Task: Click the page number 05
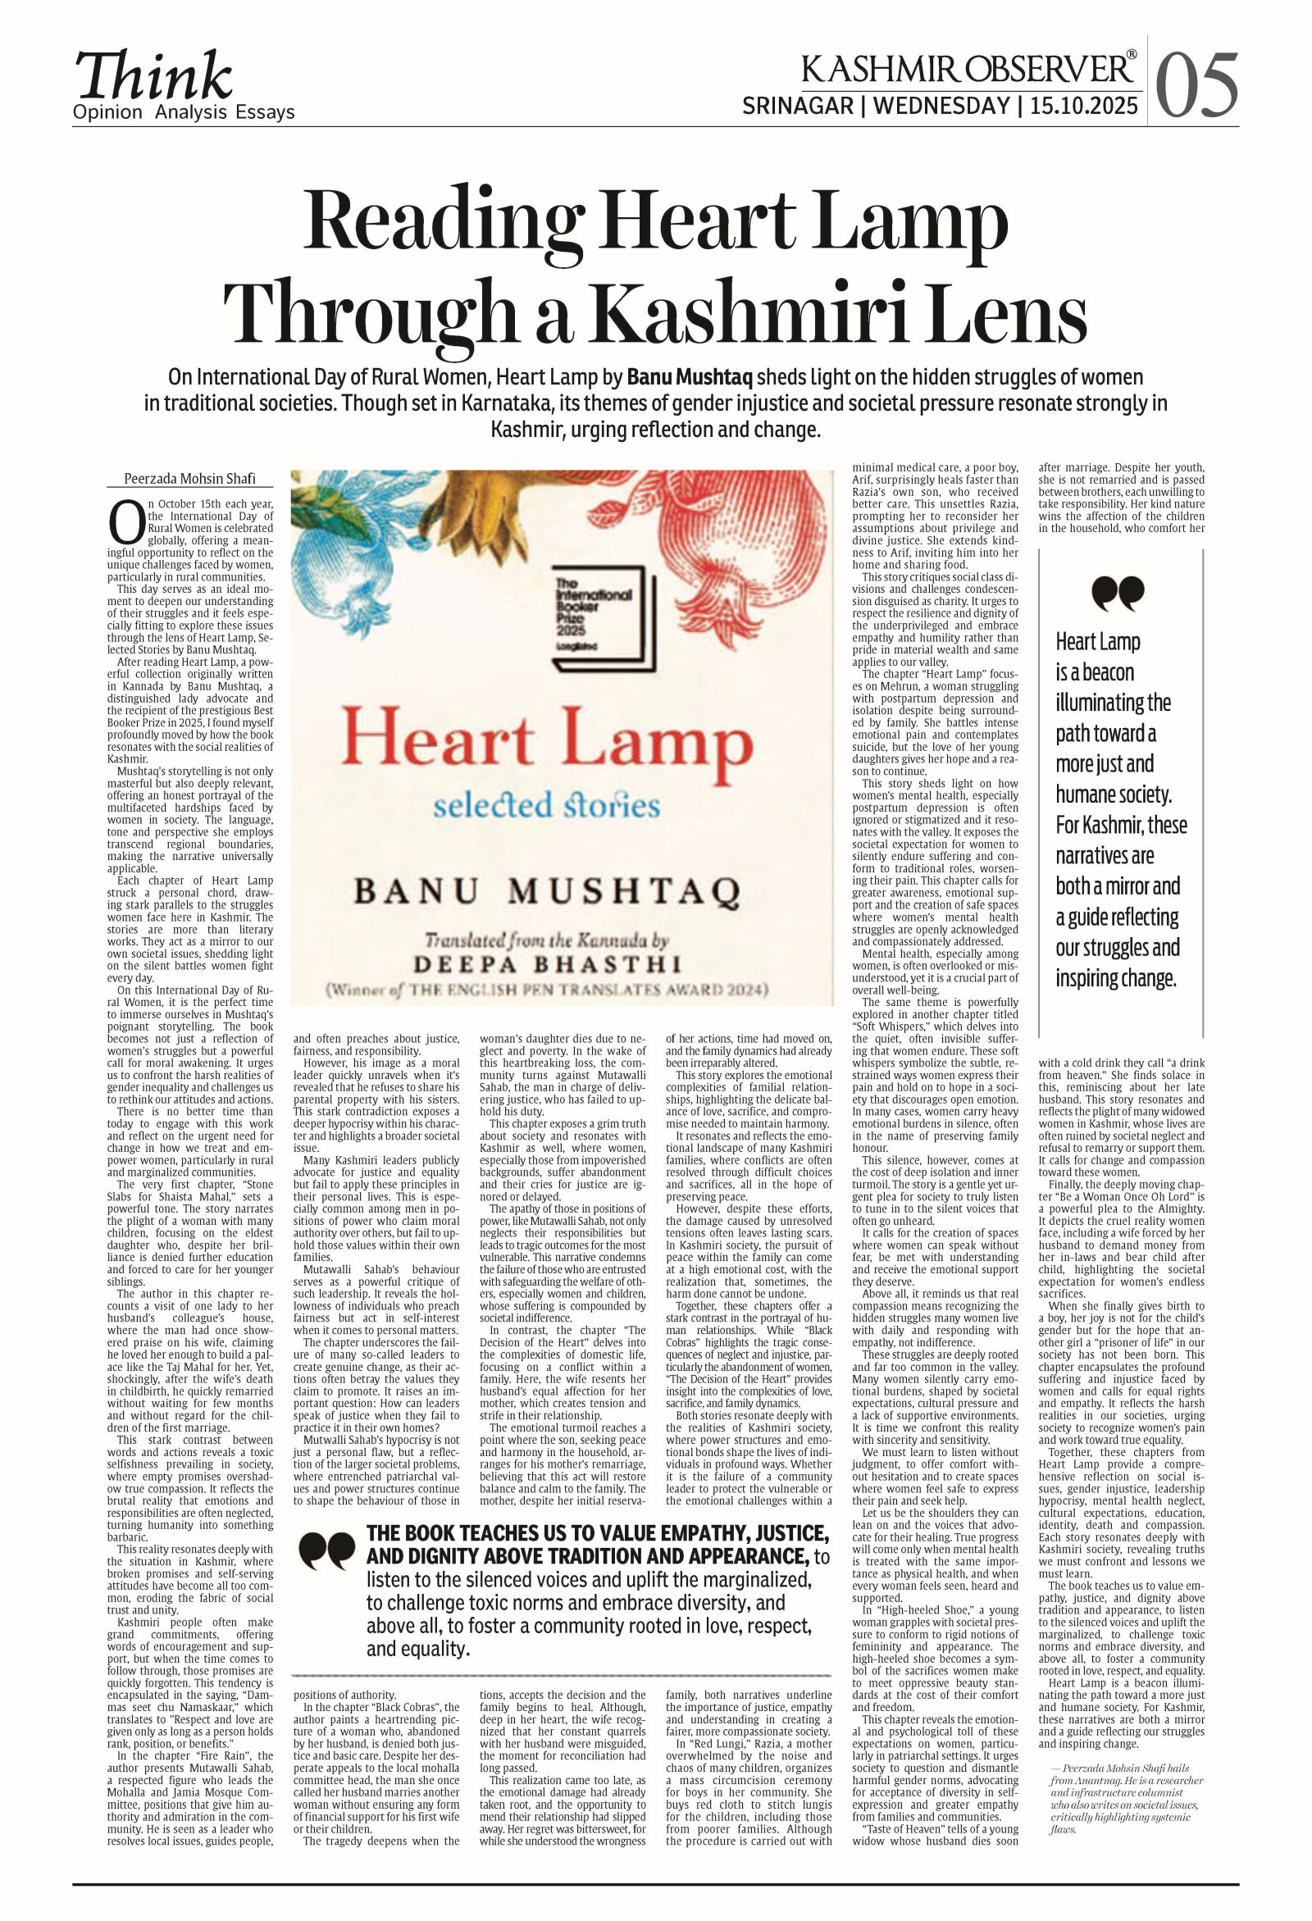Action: point(1196,86)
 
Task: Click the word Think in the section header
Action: point(154,77)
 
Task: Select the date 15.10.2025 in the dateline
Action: point(1084,107)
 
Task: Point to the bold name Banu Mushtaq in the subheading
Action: point(690,378)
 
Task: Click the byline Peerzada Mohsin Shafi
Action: point(189,479)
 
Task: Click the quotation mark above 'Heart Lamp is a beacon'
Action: point(1118,594)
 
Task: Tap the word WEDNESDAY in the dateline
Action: point(941,107)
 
